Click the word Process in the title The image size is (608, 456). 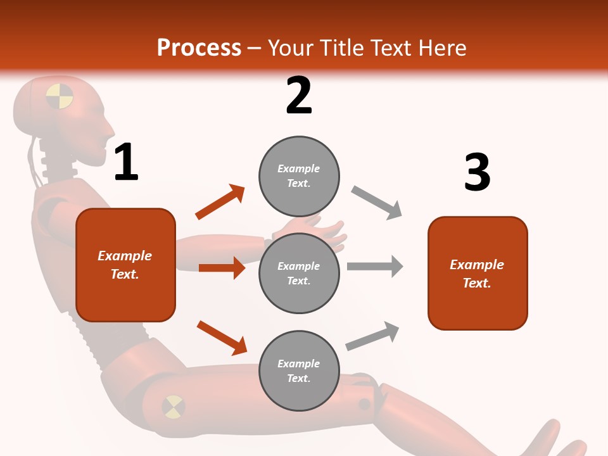pos(199,47)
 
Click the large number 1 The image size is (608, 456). pos(126,163)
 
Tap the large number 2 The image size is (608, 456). pos(299,96)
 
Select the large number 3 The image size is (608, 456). pos(477,173)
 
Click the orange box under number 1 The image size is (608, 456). pos(125,265)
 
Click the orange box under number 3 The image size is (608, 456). pos(478,274)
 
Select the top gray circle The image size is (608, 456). pos(299,176)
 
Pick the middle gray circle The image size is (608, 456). pos(299,274)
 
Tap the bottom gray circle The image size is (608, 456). pos(299,371)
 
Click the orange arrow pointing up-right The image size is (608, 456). pos(220,202)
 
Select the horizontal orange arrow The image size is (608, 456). pos(222,268)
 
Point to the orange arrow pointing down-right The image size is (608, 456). pos(222,337)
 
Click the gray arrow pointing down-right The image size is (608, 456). pos(377,203)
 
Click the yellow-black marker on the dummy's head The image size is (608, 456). pos(60,96)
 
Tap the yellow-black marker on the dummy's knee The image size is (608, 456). pos(173,407)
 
